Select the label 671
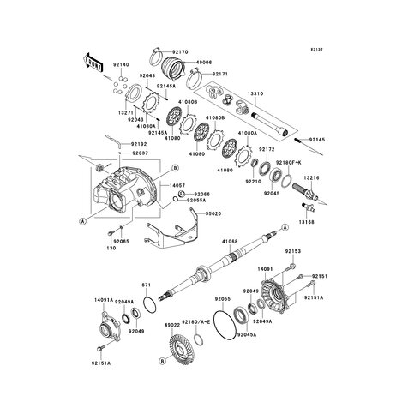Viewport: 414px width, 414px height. pyautogui.click(x=146, y=284)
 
